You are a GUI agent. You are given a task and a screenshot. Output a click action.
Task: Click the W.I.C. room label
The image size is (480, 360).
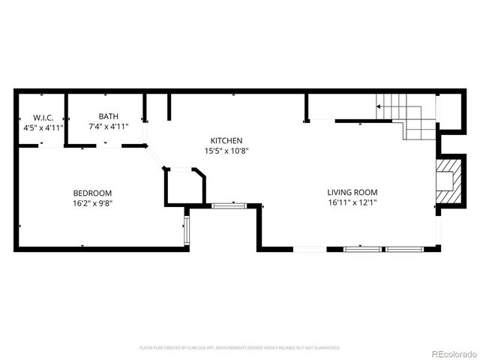[42, 118]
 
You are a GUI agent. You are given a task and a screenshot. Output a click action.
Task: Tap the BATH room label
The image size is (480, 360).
[108, 116]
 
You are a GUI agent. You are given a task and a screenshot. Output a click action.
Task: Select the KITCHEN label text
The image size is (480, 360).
[226, 140]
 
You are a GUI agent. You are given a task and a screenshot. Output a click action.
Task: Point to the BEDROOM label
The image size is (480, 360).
[92, 192]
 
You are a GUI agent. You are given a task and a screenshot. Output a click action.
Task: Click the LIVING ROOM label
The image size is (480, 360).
[352, 192]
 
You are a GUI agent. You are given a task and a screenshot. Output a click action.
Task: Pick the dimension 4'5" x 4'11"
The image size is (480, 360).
[42, 127]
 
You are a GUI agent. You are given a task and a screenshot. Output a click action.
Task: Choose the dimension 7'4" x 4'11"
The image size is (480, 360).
[108, 126]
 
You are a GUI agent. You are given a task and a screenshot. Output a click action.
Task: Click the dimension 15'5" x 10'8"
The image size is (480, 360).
[226, 150]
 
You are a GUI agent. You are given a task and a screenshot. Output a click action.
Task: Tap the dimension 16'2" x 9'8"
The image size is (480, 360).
[92, 202]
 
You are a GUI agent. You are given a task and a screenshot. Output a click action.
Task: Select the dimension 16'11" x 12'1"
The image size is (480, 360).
[352, 202]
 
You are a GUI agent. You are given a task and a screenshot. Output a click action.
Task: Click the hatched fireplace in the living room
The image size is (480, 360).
[448, 181]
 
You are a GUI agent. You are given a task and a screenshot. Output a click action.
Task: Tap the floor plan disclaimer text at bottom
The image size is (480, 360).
[240, 348]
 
